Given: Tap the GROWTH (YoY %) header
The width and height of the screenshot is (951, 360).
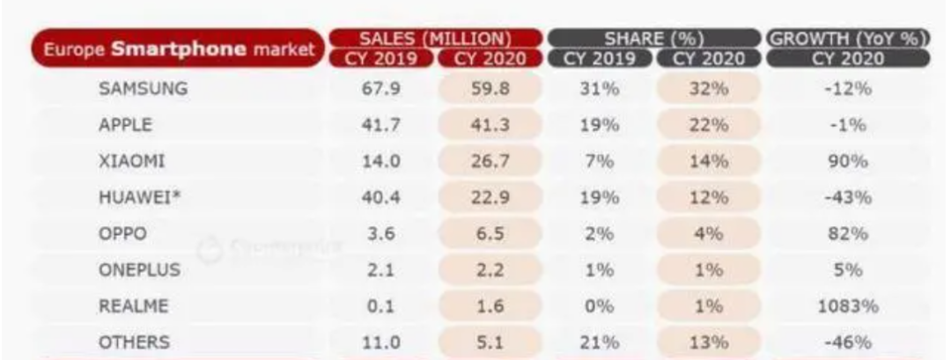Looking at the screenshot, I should [850, 39].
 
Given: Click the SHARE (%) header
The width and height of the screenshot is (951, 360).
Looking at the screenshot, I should [652, 38].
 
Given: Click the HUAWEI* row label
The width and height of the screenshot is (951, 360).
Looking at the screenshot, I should [136, 200].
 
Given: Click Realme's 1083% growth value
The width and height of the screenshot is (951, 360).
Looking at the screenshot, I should [849, 306].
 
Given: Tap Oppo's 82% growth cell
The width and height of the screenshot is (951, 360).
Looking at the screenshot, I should [849, 235].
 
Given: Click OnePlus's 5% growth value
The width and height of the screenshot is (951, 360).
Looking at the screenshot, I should [849, 271].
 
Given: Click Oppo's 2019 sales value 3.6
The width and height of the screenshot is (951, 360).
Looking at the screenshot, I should [382, 235].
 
